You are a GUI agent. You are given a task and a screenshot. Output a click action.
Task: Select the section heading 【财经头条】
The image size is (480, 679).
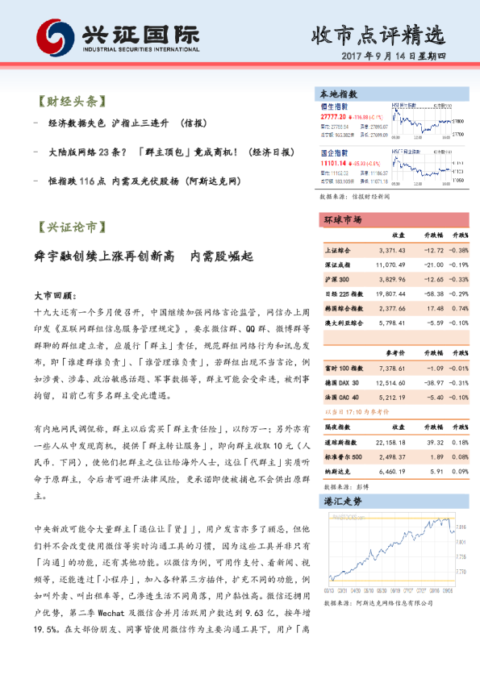tap(71, 102)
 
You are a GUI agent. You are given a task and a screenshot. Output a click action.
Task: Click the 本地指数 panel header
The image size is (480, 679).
tap(339, 94)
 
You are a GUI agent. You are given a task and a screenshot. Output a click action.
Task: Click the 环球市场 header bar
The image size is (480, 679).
tap(342, 219)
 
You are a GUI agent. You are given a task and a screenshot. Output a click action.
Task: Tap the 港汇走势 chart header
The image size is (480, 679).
tap(342, 502)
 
